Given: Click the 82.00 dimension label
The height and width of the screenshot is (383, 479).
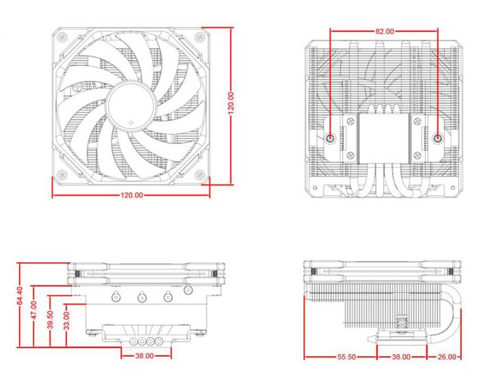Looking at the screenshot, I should [385, 31].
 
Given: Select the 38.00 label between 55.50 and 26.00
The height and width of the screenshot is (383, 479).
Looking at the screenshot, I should [401, 357].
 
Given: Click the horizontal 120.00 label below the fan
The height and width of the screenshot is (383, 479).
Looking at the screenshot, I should [132, 196].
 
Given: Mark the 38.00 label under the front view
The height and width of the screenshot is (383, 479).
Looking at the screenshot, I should [145, 356].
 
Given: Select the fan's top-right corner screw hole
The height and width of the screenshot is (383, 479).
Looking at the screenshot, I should [200, 36].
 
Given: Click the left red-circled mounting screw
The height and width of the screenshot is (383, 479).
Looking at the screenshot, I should [331, 137].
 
